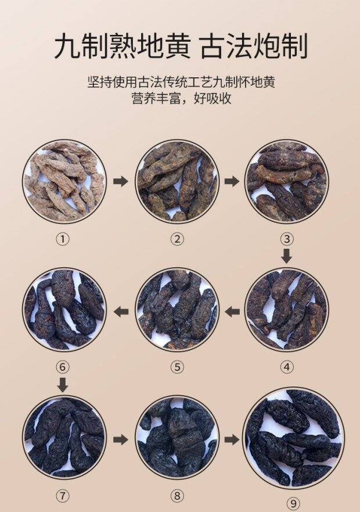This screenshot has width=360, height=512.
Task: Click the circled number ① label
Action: (63, 239)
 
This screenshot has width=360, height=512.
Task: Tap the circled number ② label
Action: (177, 239)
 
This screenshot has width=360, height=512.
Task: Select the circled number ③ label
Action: (287, 239)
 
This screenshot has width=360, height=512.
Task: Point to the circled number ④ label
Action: (287, 367)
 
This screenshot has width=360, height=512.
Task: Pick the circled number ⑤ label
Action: (177, 367)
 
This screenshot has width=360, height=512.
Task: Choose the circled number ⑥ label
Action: (63, 367)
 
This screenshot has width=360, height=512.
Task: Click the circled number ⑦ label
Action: (63, 496)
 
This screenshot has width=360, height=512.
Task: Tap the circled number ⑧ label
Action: (177, 496)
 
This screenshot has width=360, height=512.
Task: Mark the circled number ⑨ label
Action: (293, 503)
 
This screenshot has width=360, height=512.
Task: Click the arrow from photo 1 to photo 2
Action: (120, 181)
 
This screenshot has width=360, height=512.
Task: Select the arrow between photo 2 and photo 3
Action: (232, 181)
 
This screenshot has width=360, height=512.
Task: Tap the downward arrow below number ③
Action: (287, 256)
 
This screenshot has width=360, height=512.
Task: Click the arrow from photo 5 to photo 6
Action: (121, 312)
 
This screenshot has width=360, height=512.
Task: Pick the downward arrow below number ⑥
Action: (63, 385)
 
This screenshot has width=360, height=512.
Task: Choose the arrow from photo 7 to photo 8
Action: (120, 439)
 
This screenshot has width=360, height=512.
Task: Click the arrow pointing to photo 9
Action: (232, 439)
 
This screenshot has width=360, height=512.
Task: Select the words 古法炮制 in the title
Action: (254, 47)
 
